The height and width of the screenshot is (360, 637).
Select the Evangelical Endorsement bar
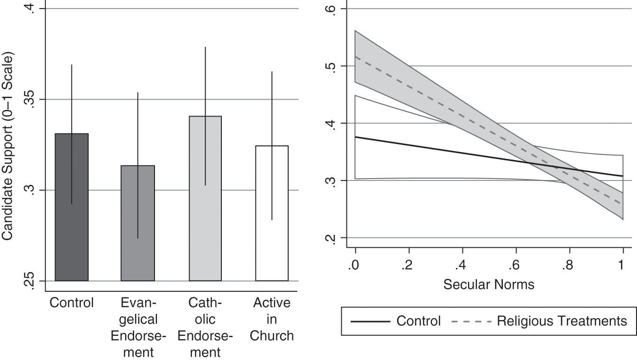pos(137,223)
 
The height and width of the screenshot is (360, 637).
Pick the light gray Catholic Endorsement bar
pos(205,198)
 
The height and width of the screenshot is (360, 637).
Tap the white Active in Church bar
pos(272,213)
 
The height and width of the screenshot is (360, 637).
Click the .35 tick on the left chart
pos(30,99)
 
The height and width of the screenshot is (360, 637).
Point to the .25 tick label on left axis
pos(30,281)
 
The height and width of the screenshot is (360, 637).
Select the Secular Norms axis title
pos(489,285)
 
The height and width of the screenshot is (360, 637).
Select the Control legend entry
pos(396,321)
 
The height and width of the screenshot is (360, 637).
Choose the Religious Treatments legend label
pos(562,321)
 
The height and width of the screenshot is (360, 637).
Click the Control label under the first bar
pos(72,303)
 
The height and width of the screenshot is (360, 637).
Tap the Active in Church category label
pos(272,319)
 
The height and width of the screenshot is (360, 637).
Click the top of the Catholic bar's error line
pos(205,47)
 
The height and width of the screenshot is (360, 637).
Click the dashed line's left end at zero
pos(355,56)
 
